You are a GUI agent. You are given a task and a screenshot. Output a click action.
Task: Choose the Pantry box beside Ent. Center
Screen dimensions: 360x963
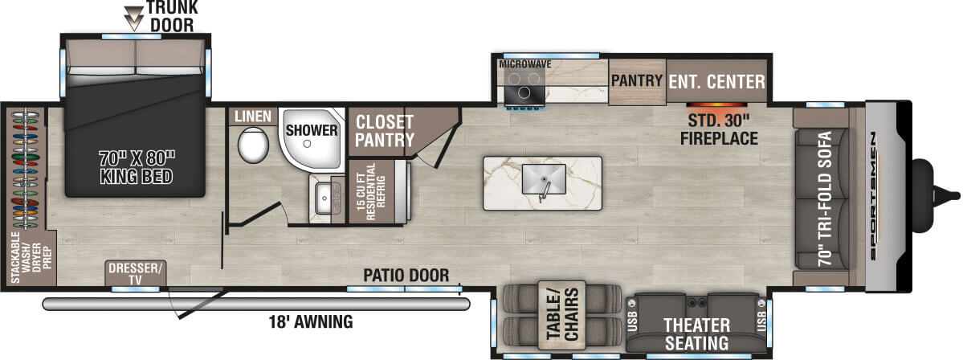click(636, 81)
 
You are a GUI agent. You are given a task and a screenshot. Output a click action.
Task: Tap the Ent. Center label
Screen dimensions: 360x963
click(716, 81)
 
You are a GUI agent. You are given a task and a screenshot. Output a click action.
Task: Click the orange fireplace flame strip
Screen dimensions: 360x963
click(716, 105)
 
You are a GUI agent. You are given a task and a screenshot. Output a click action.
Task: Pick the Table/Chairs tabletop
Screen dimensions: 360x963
click(561, 316)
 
